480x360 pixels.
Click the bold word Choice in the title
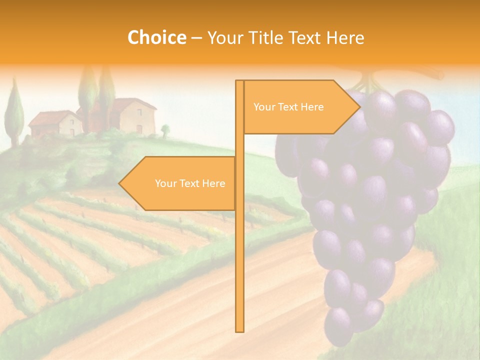(x=156, y=37)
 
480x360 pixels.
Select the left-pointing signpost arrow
(x=177, y=183)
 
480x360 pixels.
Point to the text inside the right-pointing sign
(x=288, y=107)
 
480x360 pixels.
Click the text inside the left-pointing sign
(x=190, y=183)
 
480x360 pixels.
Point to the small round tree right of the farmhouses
(x=165, y=129)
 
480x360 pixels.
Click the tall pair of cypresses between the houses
(x=97, y=97)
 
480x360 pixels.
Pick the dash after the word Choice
(x=196, y=38)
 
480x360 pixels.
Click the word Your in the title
(x=224, y=37)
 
